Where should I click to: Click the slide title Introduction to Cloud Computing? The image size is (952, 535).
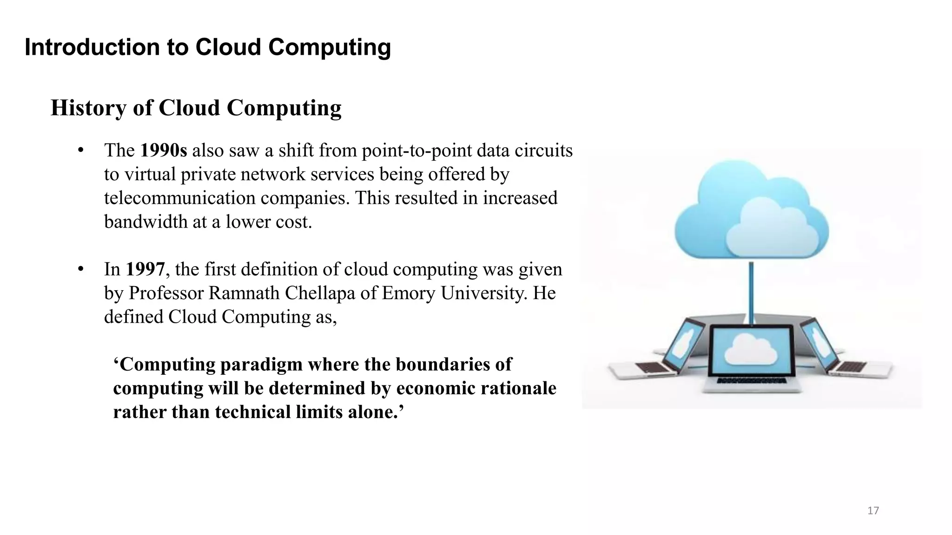tap(207, 47)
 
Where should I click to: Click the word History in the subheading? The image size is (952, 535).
tap(88, 108)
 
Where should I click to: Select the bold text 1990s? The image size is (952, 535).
tap(163, 150)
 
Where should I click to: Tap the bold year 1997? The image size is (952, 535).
tap(145, 269)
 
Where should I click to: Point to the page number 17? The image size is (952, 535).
tap(873, 511)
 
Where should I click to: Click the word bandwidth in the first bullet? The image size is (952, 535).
tap(145, 222)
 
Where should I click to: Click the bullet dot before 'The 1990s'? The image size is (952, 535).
tap(81, 150)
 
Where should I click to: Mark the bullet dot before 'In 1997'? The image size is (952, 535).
tap(81, 269)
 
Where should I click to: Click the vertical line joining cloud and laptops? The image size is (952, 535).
tap(751, 290)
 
